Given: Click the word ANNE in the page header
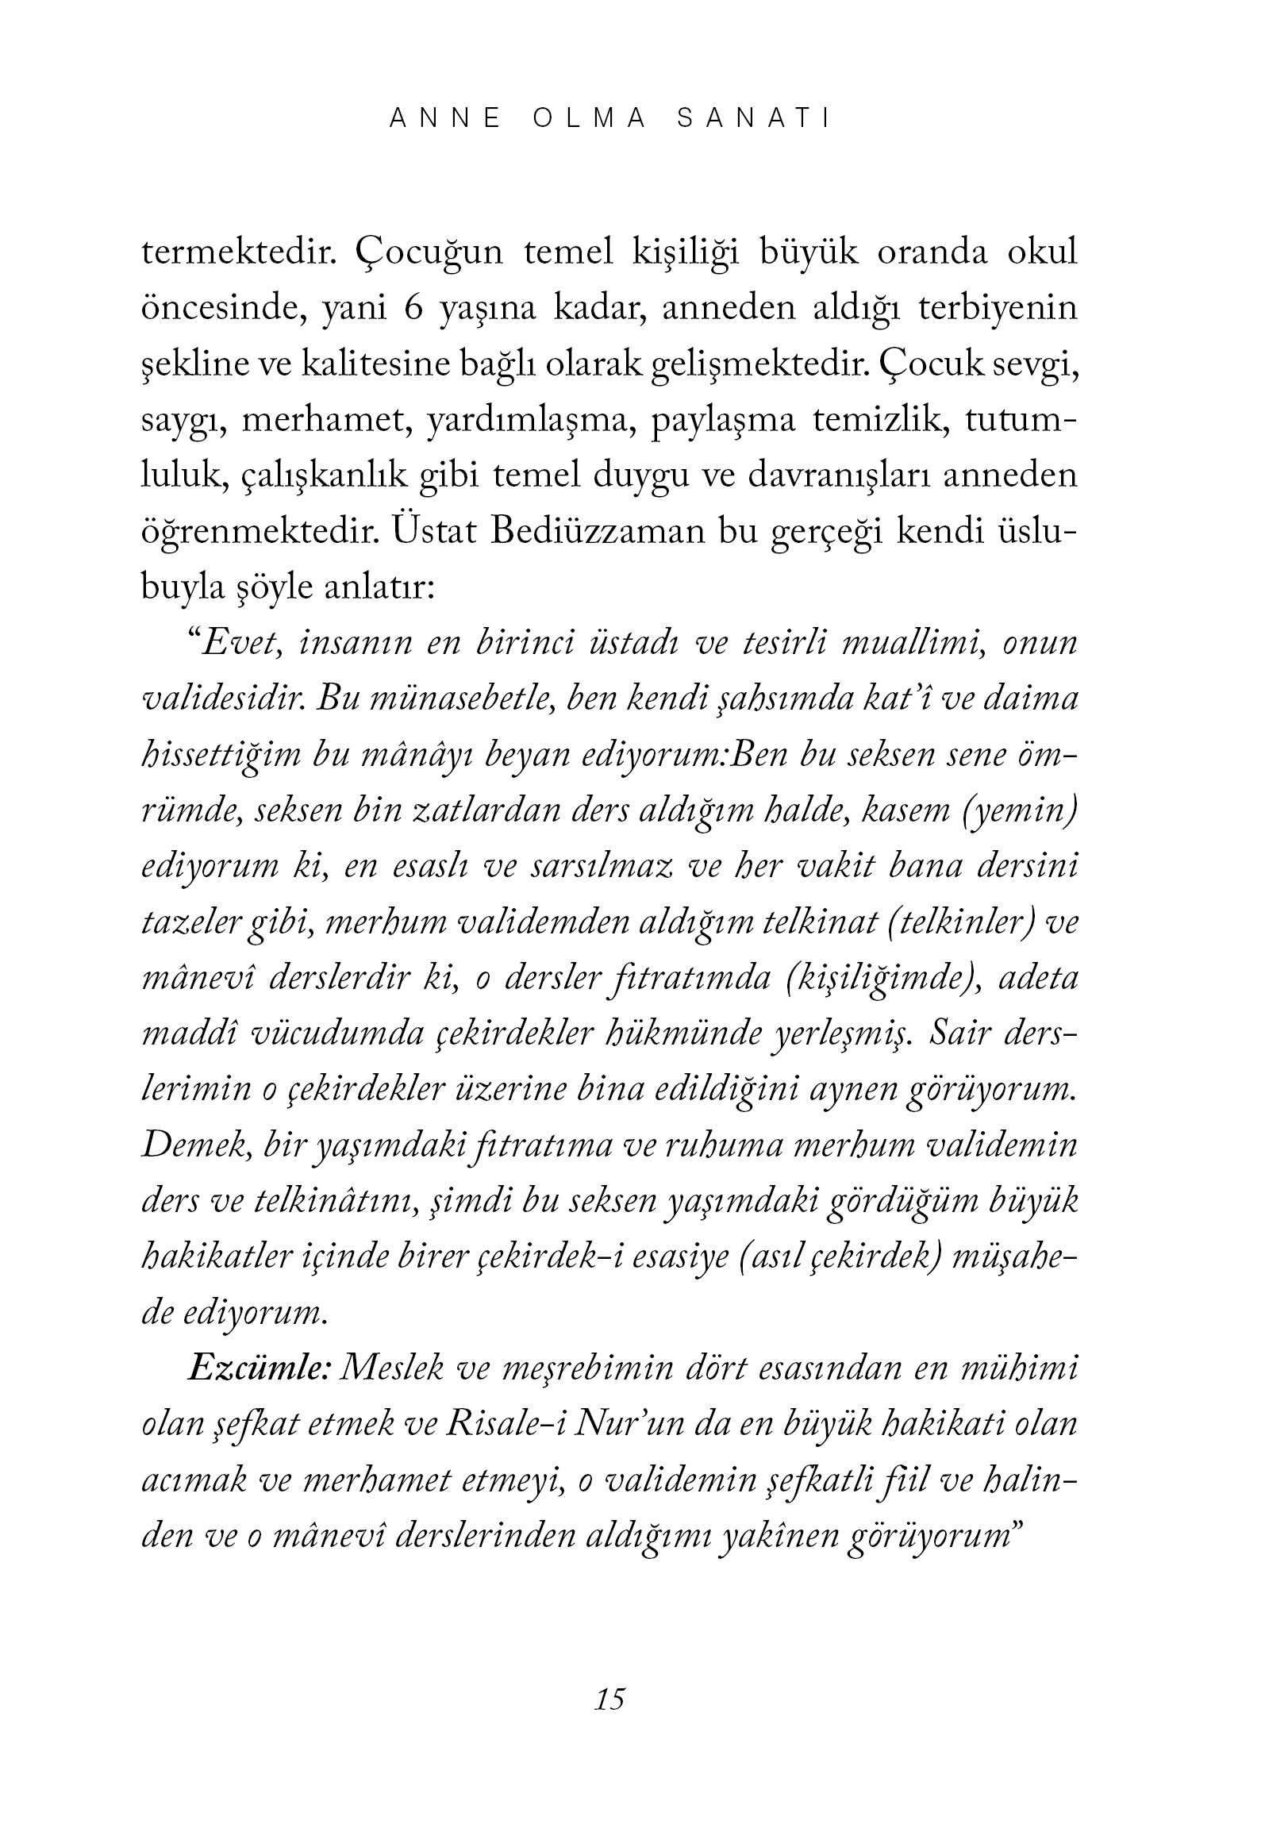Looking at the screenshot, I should coord(447,119).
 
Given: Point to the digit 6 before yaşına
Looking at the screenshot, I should coord(413,310).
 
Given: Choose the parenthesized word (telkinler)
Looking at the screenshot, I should coord(955,922).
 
